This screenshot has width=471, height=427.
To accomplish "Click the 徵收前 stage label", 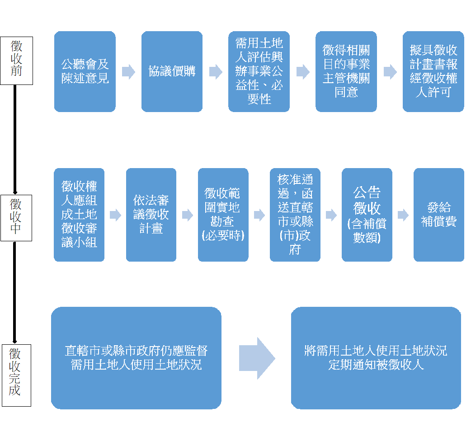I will [17, 59].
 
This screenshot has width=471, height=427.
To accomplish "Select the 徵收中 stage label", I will [16, 217].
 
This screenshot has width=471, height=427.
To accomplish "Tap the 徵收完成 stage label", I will [16, 375].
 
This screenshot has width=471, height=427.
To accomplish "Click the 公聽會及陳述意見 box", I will [85, 71].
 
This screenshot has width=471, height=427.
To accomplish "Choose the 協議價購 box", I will [172, 71].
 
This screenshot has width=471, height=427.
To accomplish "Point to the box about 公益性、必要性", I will [259, 71].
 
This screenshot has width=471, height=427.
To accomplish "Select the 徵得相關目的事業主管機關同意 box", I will [346, 71].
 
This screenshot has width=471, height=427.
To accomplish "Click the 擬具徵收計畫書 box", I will [433, 71].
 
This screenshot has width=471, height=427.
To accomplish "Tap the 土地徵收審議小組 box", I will [79, 215].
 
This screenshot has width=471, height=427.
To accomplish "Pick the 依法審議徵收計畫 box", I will [151, 215].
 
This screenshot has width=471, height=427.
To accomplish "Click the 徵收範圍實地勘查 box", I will [223, 215].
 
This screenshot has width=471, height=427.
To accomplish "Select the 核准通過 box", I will [295, 215].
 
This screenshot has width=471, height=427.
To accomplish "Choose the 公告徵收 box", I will [367, 215].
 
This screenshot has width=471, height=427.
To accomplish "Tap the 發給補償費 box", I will [439, 215].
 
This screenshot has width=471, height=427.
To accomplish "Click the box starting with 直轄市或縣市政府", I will [136, 358].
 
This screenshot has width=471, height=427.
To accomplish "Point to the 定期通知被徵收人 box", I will [376, 358].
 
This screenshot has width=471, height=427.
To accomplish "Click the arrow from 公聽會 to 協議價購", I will [128, 72].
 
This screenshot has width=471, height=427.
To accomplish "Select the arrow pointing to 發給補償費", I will [403, 215].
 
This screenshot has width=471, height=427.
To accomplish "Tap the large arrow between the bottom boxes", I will [257, 358].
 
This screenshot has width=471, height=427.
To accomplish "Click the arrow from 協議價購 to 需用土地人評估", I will [216, 72].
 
